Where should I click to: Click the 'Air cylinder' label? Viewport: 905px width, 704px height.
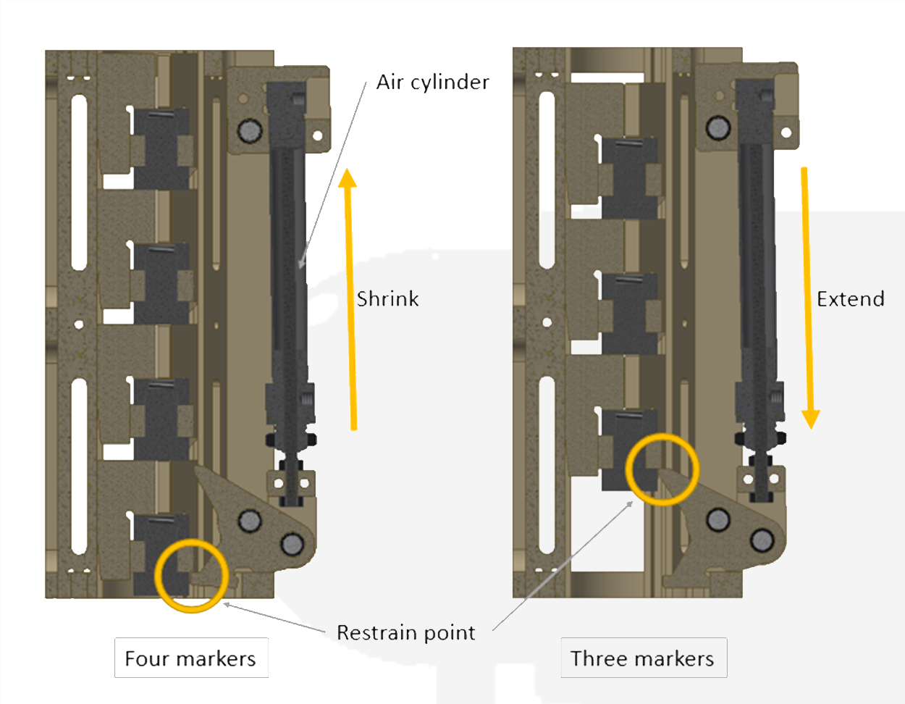coord(432,83)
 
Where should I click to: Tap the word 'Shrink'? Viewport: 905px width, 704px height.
coord(387,299)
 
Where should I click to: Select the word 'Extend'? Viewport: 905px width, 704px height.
coord(850,299)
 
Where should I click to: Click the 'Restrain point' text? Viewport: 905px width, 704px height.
coord(405,633)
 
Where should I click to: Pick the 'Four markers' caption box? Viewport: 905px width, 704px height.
coord(191,658)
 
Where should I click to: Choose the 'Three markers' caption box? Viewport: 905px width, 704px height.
coord(643,658)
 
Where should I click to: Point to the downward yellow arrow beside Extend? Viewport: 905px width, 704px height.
coord(807,297)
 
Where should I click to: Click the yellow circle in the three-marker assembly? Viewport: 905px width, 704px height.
coord(662,469)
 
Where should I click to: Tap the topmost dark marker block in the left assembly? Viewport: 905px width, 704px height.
coord(163,148)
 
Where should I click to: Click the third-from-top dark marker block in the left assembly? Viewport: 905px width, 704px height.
coord(163,419)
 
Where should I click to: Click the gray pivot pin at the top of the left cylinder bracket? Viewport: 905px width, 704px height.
coord(250,130)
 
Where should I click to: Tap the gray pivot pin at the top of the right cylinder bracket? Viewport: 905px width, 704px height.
coord(718,127)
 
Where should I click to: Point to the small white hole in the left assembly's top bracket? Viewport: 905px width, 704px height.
coord(318,135)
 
